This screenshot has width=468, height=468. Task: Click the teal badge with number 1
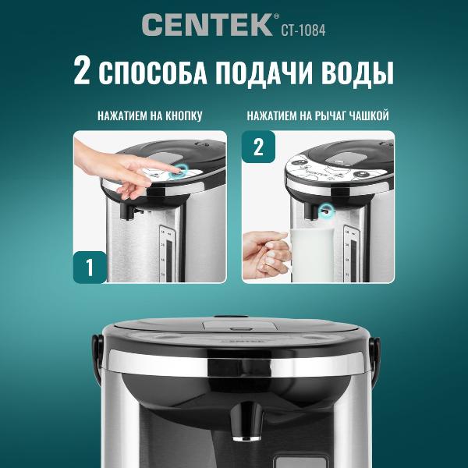click(90, 267)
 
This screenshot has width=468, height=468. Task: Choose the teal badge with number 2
click(259, 147)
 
